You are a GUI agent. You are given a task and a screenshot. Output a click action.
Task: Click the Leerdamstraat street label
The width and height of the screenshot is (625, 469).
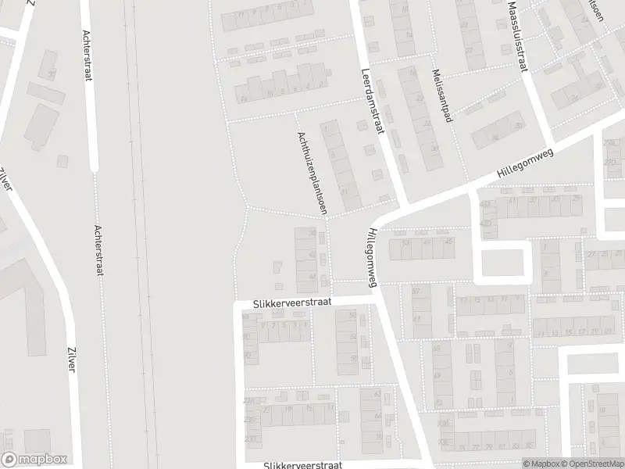[370, 102]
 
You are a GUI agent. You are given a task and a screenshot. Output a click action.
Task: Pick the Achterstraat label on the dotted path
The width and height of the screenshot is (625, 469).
[98, 251]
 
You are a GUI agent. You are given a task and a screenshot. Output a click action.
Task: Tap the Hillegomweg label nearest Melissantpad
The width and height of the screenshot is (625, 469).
[525, 164]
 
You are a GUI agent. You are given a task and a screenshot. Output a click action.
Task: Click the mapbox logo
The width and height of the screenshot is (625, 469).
[34, 460]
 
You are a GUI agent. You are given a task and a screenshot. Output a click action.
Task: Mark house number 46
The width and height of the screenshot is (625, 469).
[313, 276]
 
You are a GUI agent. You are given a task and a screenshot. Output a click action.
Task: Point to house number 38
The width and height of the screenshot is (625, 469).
[313, 233]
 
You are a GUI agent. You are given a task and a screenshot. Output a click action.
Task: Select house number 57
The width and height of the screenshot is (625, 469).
[416, 291]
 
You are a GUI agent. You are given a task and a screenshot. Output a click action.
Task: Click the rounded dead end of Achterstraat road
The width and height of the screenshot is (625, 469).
[95, 166]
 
